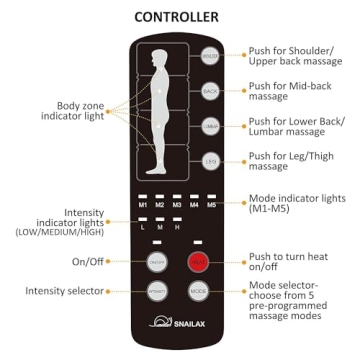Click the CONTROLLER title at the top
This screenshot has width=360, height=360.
coord(180,17)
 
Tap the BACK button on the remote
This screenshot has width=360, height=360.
coord(211,90)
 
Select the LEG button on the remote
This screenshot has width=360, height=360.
coord(211,160)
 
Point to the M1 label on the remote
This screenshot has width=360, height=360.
coord(143,206)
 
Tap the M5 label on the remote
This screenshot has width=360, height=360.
coord(212,206)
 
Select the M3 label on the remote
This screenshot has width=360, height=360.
coord(178,206)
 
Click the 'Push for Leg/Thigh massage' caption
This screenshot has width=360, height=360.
coord(295,159)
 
